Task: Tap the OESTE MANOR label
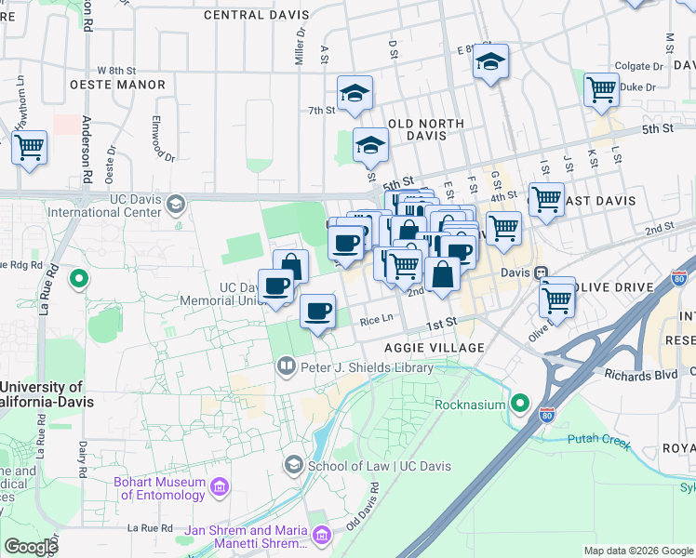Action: [x=117, y=85]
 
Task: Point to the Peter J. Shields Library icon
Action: [x=286, y=367]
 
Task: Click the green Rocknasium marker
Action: [x=519, y=405]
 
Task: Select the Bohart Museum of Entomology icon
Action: [x=220, y=487]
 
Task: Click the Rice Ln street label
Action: [x=377, y=319]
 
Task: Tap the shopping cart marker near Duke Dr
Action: [x=601, y=91]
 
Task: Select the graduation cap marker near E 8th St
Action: [x=489, y=62]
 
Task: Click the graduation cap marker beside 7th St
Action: [x=355, y=94]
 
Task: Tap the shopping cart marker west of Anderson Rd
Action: [x=29, y=146]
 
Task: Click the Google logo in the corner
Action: [x=31, y=547]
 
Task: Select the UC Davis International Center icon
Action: [x=175, y=202]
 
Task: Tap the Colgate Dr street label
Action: [x=638, y=67]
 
